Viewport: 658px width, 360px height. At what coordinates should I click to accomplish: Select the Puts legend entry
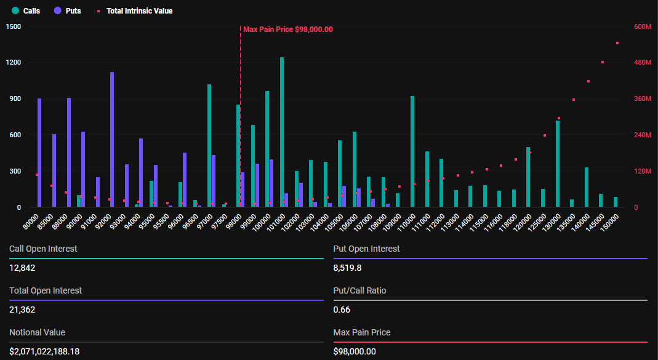(x=67, y=11)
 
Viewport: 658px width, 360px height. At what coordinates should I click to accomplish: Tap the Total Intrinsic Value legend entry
(x=135, y=11)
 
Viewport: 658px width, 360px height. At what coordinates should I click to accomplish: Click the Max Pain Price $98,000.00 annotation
(x=287, y=29)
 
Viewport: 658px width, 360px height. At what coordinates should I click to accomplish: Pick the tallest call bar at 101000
(x=282, y=132)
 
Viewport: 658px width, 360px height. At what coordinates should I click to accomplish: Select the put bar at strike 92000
(x=112, y=140)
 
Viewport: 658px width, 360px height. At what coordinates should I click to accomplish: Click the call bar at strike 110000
(x=412, y=151)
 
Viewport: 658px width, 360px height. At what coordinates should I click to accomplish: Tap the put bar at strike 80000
(x=39, y=153)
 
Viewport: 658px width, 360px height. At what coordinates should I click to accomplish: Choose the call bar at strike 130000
(x=558, y=164)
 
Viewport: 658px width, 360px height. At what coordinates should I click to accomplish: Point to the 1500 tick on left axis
(x=14, y=26)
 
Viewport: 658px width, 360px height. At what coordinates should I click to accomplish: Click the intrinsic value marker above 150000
(x=617, y=43)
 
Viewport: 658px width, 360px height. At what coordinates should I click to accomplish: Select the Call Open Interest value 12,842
(x=22, y=268)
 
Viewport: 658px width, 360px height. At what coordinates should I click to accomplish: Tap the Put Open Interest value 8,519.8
(x=348, y=268)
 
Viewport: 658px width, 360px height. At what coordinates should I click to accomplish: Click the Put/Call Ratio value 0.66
(x=342, y=310)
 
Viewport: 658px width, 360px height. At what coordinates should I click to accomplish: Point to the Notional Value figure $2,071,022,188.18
(x=44, y=351)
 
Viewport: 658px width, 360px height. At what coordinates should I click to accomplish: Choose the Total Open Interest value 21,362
(x=22, y=310)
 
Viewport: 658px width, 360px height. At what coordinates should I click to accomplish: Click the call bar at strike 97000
(x=209, y=145)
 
